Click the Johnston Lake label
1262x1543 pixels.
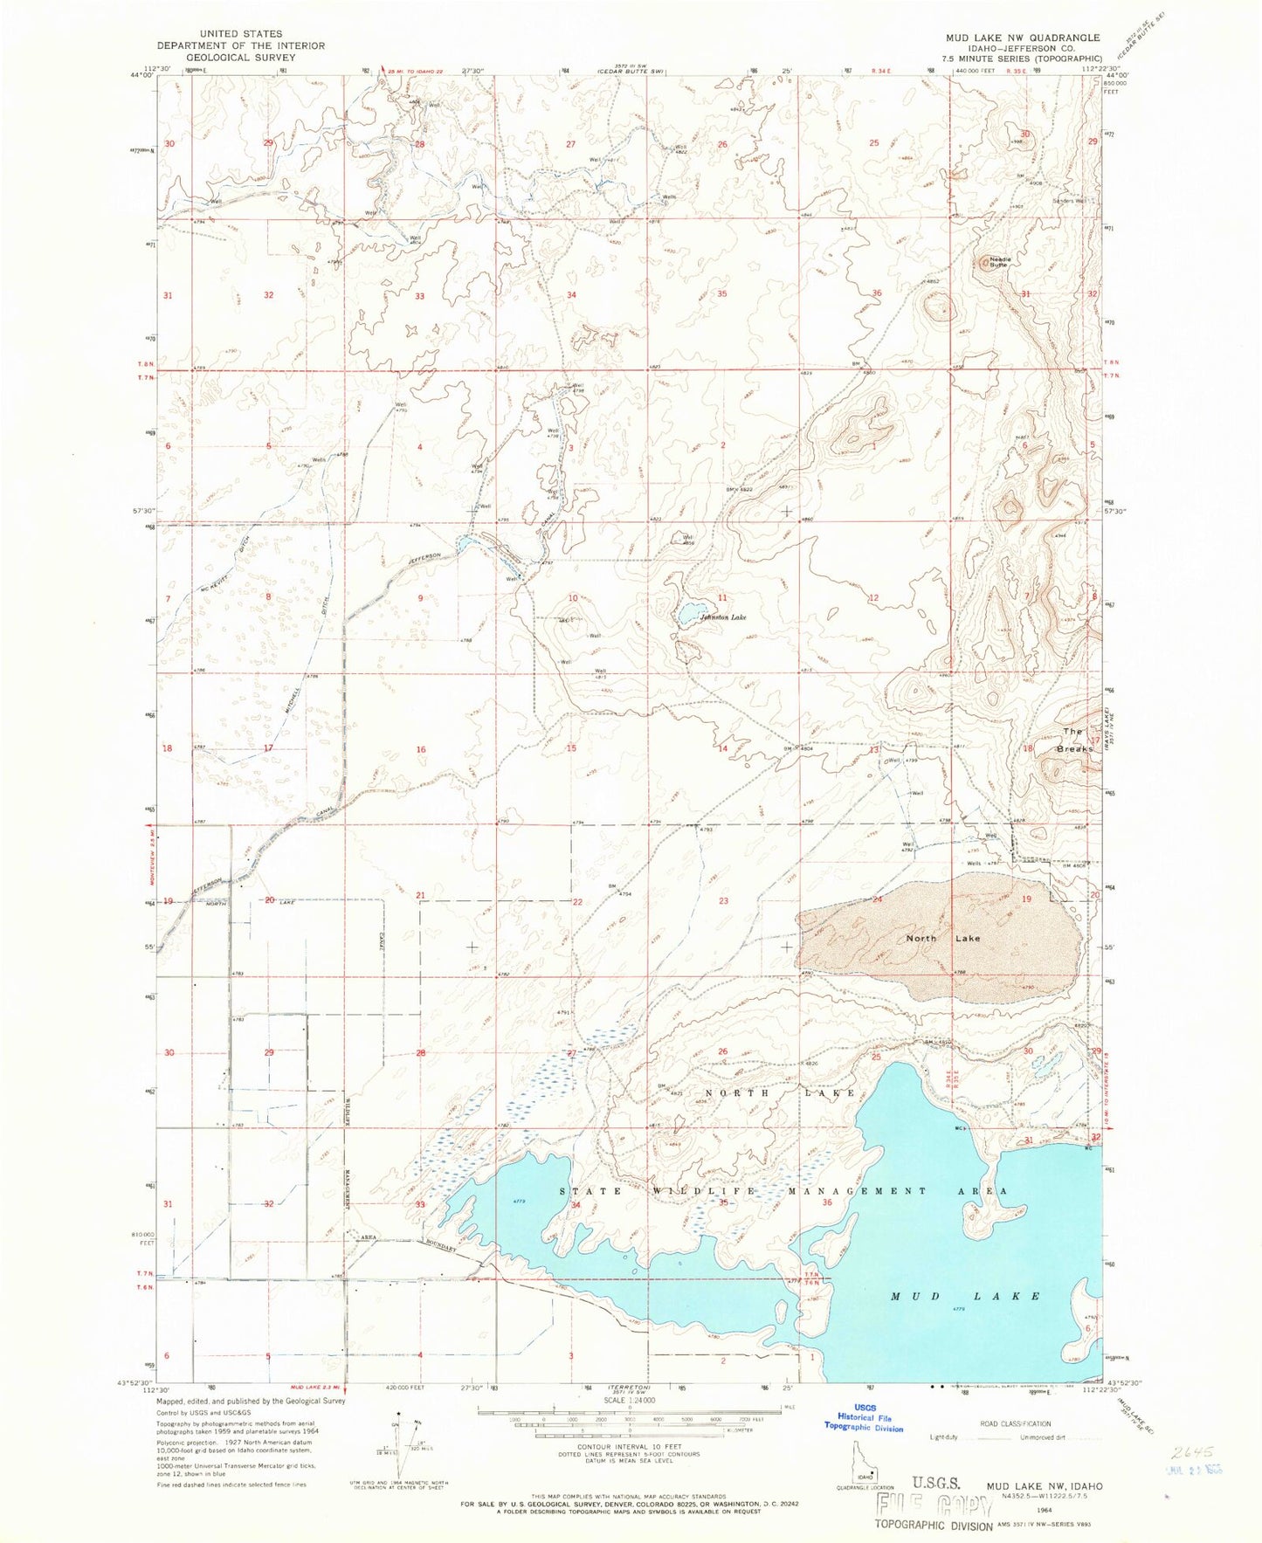click(x=723, y=617)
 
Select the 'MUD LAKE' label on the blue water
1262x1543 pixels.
click(x=965, y=1296)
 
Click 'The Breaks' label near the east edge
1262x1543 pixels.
click(x=1074, y=741)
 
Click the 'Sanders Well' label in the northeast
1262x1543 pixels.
click(x=1069, y=201)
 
